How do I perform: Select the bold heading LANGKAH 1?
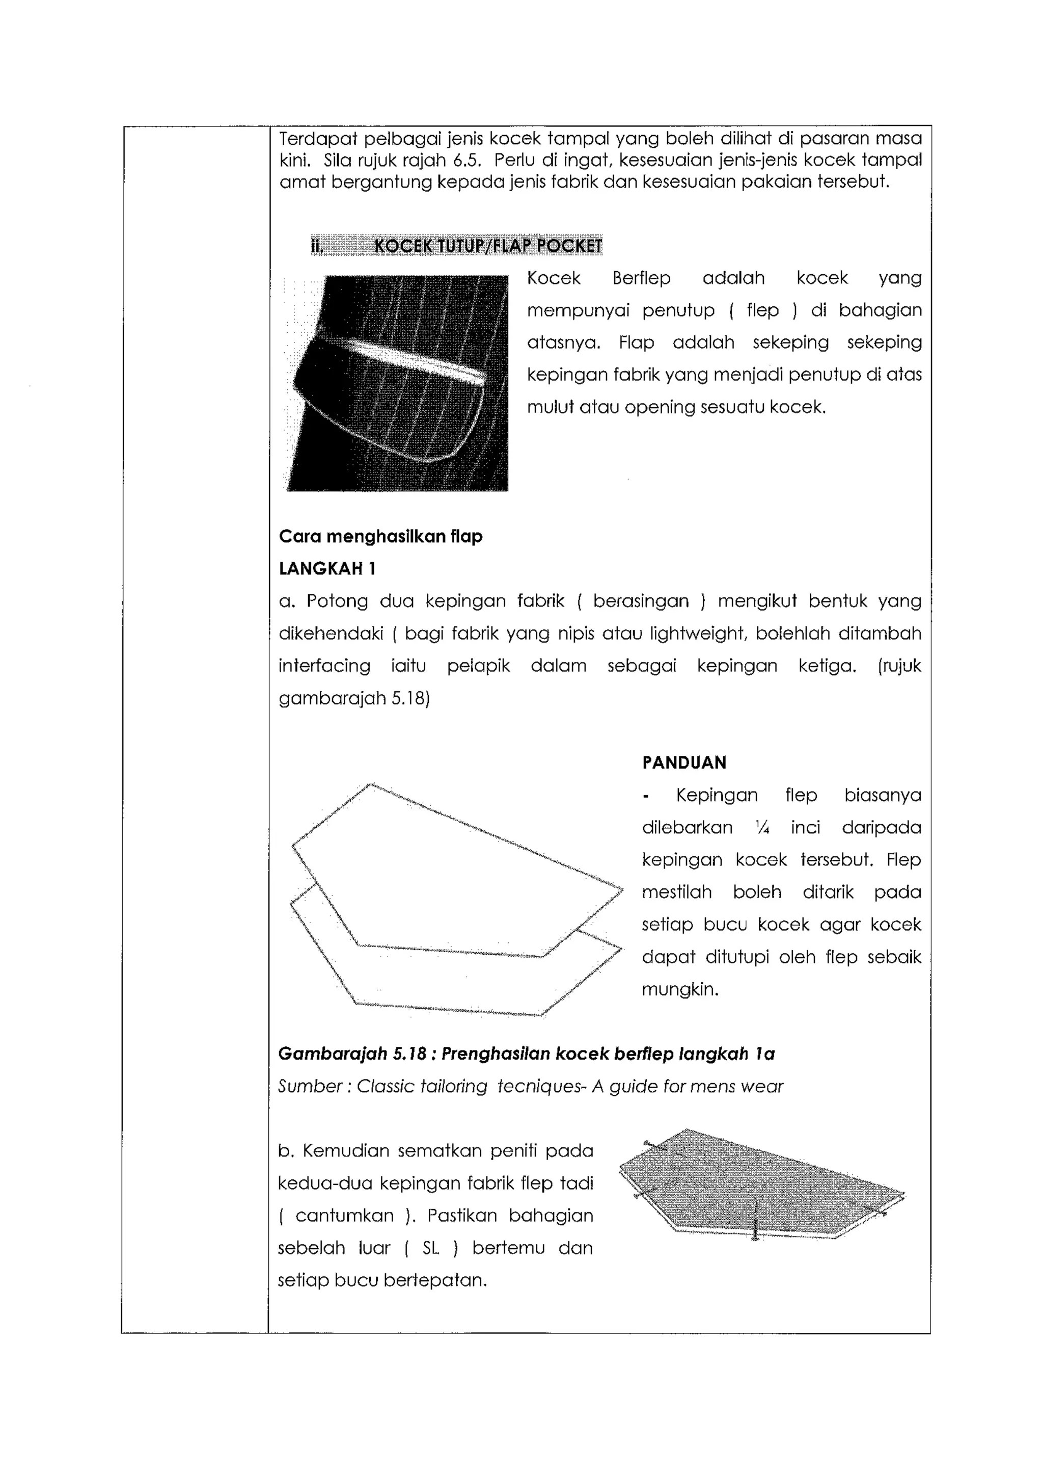coord(327,568)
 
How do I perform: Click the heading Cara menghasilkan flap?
coord(380,536)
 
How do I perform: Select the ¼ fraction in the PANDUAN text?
coord(762,827)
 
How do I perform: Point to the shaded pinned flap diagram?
coord(761,1184)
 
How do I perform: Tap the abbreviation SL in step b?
coord(430,1248)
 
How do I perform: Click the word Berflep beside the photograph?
coord(641,278)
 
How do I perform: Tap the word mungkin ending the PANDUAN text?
coord(679,989)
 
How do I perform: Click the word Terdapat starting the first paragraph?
coord(317,138)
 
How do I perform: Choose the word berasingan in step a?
coord(640,601)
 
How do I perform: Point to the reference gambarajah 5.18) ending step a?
coord(353,699)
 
